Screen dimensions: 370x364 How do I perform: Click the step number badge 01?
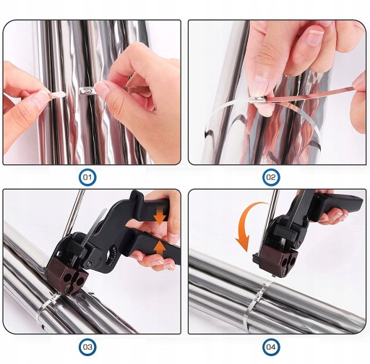[x=87, y=177]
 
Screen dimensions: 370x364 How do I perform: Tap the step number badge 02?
[x=270, y=177]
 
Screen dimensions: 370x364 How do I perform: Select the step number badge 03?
[x=87, y=347]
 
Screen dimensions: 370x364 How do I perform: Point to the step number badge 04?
[x=270, y=347]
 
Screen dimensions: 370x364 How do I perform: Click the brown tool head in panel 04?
[x=280, y=262]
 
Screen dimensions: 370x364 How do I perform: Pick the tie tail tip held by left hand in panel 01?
[x=63, y=94]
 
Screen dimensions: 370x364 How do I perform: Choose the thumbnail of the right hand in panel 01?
[x=103, y=89]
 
